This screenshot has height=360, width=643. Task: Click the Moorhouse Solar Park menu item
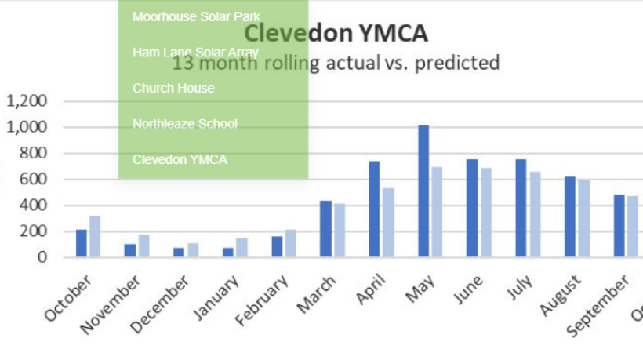coord(196,16)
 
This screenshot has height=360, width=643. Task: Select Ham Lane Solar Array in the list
coord(195,53)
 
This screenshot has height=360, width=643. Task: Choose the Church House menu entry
coord(173,88)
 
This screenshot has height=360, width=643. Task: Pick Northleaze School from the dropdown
coord(185,124)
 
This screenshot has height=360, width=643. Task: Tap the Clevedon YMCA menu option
coord(180,160)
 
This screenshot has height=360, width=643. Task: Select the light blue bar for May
coord(438,212)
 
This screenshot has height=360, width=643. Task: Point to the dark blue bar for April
coord(375,209)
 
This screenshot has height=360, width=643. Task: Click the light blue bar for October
coord(95,236)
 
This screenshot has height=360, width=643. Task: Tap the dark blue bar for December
coord(179,252)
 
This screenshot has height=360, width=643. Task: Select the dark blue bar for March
coord(325,229)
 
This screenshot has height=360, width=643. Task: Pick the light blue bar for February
coord(291,243)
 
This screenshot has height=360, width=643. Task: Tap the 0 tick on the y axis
coord(43,257)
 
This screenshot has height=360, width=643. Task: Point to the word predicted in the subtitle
coord(456,63)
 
